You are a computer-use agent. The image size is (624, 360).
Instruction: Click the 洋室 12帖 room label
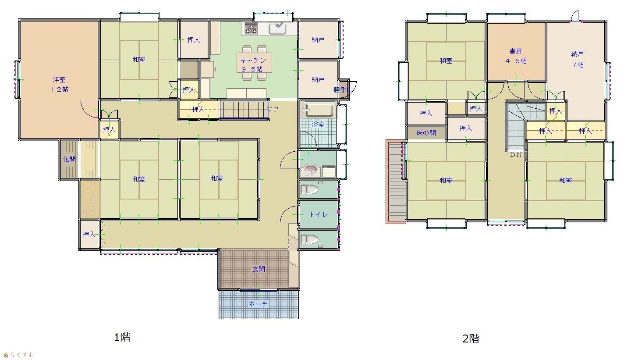[59, 85]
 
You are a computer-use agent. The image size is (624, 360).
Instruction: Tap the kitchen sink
[277, 29]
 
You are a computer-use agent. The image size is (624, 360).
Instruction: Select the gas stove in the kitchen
[251, 29]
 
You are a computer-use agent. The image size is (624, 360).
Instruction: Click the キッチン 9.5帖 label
[253, 64]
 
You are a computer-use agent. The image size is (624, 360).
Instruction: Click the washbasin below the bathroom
[311, 170]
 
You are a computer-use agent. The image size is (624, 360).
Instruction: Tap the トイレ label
[319, 214]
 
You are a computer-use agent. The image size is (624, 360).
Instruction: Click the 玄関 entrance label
[259, 269]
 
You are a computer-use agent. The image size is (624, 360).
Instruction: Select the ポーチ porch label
[258, 304]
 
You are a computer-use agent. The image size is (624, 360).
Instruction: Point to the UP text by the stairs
[273, 109]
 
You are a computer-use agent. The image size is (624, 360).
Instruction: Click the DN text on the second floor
[516, 155]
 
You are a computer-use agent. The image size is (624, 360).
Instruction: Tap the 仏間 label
[69, 160]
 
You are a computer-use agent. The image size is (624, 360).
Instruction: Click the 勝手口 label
[343, 90]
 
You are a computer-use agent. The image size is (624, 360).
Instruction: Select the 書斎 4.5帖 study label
[516, 56]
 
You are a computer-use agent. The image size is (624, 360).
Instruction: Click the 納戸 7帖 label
[578, 59]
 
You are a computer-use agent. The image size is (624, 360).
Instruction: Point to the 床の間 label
[426, 133]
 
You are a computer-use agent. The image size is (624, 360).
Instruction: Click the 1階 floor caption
[122, 337]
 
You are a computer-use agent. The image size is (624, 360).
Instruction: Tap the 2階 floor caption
[471, 339]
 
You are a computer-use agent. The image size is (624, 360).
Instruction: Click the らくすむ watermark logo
[19, 355]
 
